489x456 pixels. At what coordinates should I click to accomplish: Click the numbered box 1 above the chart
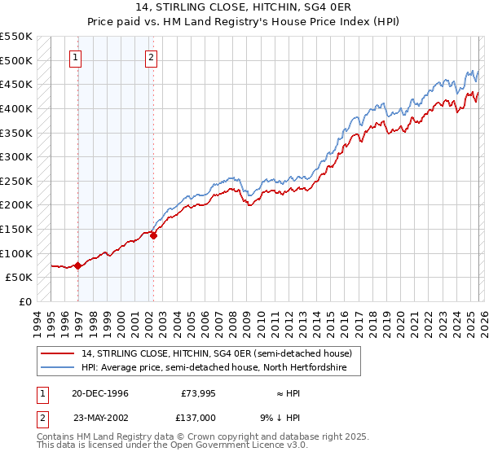(x=75, y=57)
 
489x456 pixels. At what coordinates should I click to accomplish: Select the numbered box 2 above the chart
(x=152, y=57)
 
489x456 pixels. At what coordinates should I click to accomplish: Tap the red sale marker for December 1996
(x=77, y=265)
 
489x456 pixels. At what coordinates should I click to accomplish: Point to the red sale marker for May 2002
(x=153, y=235)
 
